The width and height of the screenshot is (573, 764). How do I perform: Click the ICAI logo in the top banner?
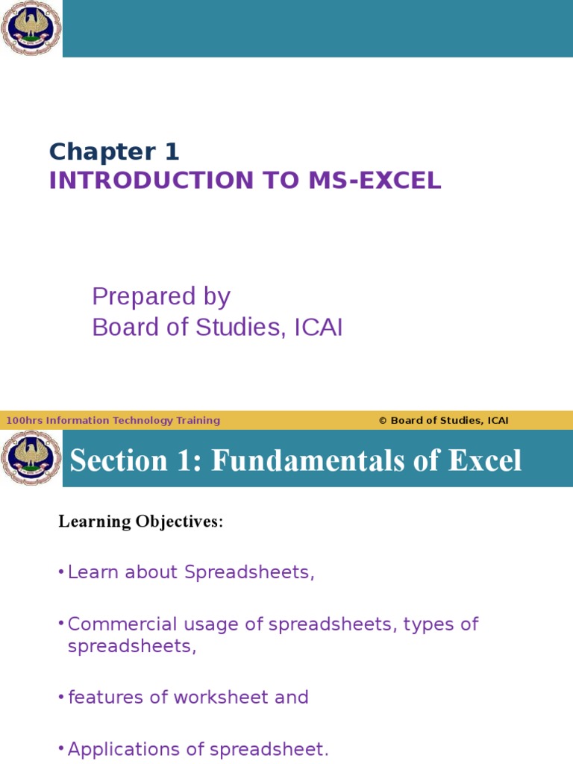pyautogui.click(x=30, y=28)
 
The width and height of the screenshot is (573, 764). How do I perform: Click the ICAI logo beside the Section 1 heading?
pyautogui.click(x=30, y=458)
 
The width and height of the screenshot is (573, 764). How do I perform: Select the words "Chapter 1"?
pyautogui.click(x=114, y=152)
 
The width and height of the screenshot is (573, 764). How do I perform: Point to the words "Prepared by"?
pyautogui.click(x=161, y=297)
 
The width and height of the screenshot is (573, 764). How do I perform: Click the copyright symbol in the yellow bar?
pyautogui.click(x=383, y=421)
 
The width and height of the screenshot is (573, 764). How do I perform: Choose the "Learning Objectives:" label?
pyautogui.click(x=140, y=522)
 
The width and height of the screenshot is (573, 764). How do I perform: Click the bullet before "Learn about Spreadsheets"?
pyautogui.click(x=60, y=572)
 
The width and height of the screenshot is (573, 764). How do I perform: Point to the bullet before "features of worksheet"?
pyautogui.click(x=60, y=698)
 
